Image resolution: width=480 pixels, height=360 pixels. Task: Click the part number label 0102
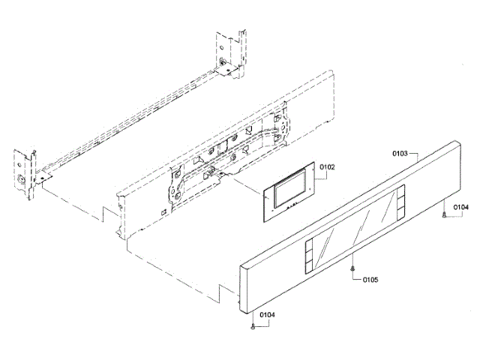(x=327, y=167)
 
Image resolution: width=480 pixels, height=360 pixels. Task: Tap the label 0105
(x=370, y=280)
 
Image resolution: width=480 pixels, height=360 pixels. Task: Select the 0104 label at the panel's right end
(x=461, y=206)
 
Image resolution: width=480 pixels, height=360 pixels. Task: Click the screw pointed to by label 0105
(x=352, y=268)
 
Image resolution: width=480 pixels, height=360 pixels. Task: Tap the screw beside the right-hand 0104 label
(x=446, y=215)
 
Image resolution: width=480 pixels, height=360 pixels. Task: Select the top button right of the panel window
(x=403, y=190)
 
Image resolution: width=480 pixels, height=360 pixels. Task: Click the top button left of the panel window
(x=308, y=245)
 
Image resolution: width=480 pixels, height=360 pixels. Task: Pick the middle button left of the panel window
(x=308, y=255)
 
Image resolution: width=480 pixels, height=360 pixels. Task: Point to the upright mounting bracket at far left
(x=24, y=174)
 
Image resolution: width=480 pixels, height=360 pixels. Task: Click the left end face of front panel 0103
(x=242, y=289)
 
